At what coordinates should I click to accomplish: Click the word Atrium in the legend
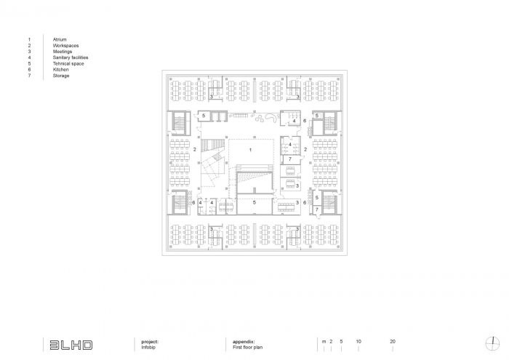pos(60,39)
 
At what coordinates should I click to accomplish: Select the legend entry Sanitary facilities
pos(71,57)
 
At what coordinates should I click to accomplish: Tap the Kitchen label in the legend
pos(60,70)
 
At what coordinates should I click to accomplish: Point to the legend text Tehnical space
pos(68,63)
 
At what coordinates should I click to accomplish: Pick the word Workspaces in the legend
pos(65,46)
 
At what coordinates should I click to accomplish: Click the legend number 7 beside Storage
pos(29,76)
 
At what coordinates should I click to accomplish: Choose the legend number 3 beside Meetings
pos(29,52)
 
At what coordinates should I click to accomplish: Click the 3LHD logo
pos(71,345)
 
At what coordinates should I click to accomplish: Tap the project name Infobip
pos(148,348)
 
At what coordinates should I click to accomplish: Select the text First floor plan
pos(247,348)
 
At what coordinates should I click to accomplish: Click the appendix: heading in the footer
pos(244,342)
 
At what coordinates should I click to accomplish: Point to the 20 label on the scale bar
pos(393,342)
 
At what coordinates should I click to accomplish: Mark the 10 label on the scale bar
pos(358,342)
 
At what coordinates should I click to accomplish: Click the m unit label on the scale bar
pos(324,342)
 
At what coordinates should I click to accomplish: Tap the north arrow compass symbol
pos(492,344)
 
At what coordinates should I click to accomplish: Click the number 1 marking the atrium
pos(250,150)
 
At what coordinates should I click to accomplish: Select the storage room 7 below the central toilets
pos(291,159)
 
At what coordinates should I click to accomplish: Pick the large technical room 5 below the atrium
pos(254,204)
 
